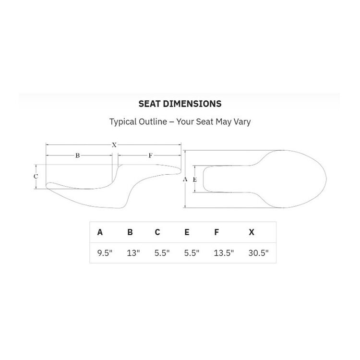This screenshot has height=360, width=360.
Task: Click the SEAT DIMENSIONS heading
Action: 180,103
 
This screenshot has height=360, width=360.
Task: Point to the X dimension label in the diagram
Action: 114,144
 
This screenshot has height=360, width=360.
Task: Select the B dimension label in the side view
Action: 77,156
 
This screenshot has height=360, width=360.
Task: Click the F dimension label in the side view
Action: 150,156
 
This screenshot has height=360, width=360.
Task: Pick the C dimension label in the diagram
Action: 36,176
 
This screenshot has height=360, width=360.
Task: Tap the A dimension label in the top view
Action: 185,179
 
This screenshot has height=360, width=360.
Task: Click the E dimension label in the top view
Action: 194,179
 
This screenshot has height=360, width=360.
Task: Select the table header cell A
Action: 100,232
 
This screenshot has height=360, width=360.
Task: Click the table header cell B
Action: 130,232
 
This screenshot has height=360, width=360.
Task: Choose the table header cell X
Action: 252,232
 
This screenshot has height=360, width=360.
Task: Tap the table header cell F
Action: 216,232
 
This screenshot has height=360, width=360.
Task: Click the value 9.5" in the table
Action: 105,253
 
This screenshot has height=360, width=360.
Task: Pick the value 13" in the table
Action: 133,253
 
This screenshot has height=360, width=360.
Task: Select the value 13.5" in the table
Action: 224,253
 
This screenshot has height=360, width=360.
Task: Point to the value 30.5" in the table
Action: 259,253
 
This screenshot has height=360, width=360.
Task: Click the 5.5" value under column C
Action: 162,253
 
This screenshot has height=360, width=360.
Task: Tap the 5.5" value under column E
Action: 192,253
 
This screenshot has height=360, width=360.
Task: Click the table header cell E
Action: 187,232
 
